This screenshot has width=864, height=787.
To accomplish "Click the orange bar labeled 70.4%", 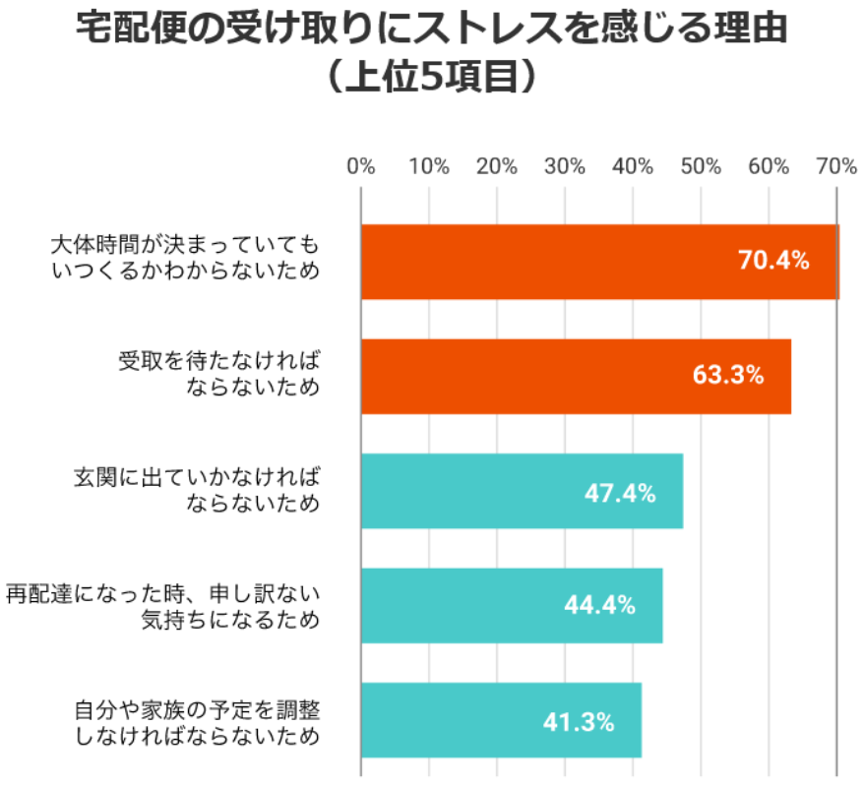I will coord(599,262).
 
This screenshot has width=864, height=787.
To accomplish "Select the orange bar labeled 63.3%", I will coord(576,376).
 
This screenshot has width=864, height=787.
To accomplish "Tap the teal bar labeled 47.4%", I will coord(522,491).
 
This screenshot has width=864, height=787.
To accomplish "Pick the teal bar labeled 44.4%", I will coord(512,605).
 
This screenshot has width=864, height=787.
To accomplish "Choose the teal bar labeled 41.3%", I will coord(501,720).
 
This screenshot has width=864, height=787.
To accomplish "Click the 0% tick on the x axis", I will coord(361,167).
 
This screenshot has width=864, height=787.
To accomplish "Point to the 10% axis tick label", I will coord(429,167).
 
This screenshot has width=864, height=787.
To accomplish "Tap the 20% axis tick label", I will coord(497,167).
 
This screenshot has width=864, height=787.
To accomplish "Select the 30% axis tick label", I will coord(565,167).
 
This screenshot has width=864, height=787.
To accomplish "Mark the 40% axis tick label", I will coord(633,167).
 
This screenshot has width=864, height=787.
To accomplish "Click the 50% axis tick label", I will coord(701,167).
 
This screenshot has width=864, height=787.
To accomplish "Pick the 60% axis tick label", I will coord(769,167).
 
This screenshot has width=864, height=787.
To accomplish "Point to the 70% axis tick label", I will coord(834,167).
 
